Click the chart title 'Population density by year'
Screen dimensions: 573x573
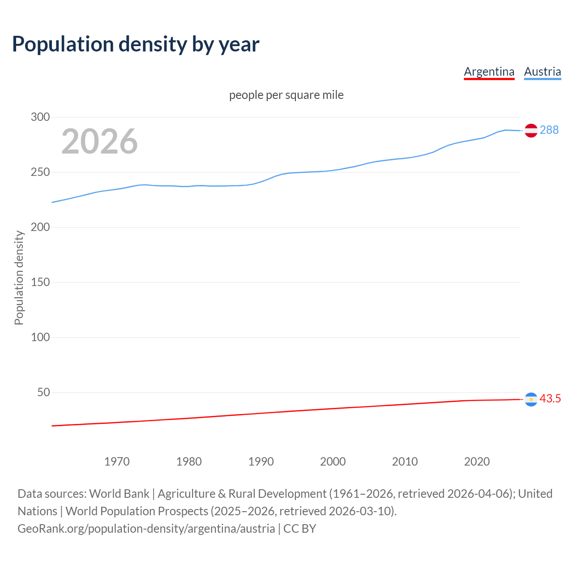pyautogui.click(x=136, y=44)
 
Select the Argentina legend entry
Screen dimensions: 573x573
pyautogui.click(x=489, y=72)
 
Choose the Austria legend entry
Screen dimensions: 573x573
pyautogui.click(x=542, y=72)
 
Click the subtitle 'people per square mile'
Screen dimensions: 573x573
pyautogui.click(x=286, y=95)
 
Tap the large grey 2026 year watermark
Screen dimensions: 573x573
pyautogui.click(x=99, y=141)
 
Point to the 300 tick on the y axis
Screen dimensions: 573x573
pyautogui.click(x=40, y=117)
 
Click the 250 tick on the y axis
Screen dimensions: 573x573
pyautogui.click(x=40, y=172)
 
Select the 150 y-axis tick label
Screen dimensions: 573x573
pyautogui.click(x=40, y=282)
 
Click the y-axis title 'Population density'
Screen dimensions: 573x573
pyautogui.click(x=19, y=278)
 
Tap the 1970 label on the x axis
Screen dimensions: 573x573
pyautogui.click(x=117, y=462)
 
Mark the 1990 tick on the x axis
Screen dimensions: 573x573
pyautogui.click(x=261, y=462)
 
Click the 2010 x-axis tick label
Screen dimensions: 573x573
pyautogui.click(x=405, y=462)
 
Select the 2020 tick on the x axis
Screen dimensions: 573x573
pyautogui.click(x=477, y=462)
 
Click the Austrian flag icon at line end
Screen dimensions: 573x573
pyautogui.click(x=531, y=130)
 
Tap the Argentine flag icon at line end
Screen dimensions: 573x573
pyautogui.click(x=531, y=399)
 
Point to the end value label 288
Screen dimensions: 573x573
pyautogui.click(x=549, y=130)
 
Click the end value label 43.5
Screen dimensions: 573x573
pyautogui.click(x=550, y=399)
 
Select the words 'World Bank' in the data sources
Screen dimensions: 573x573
pyautogui.click(x=119, y=494)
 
